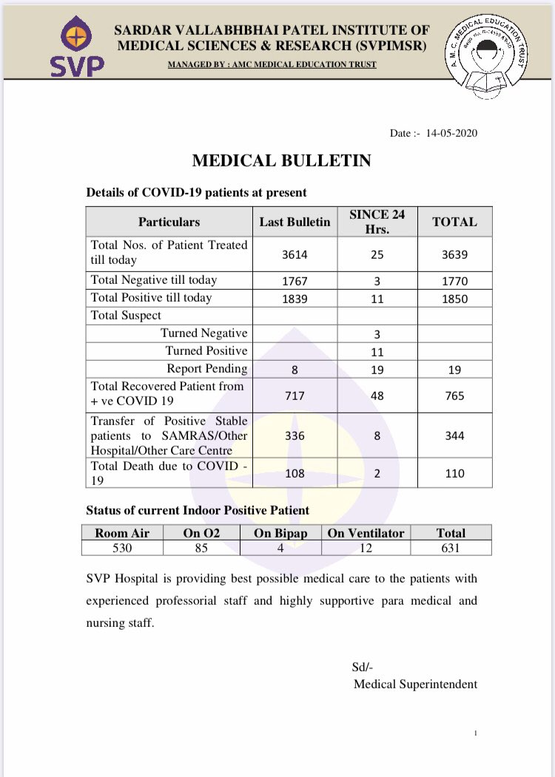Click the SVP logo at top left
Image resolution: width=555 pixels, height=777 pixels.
(76, 48)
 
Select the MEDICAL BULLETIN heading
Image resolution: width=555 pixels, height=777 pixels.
(282, 161)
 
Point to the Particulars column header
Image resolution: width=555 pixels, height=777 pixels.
(169, 222)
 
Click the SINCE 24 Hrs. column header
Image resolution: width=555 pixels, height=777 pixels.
(377, 221)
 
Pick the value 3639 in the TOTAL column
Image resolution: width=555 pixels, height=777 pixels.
(454, 254)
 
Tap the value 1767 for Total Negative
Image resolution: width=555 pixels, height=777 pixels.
(295, 281)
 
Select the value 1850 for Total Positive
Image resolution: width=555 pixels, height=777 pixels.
(454, 299)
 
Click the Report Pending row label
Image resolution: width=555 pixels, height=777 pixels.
(206, 368)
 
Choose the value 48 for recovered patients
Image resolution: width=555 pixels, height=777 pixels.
(377, 396)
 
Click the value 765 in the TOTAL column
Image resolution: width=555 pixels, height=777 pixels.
(454, 396)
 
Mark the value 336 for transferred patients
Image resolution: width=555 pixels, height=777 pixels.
(295, 435)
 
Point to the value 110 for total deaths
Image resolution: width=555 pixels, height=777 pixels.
(454, 473)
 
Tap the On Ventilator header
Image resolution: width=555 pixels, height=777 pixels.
(366, 532)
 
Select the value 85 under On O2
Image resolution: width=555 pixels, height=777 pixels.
(201, 548)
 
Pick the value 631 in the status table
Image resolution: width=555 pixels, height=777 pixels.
(451, 548)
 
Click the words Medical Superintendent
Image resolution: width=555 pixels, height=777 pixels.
(415, 684)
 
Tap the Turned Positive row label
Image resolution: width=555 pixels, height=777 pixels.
(206, 350)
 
